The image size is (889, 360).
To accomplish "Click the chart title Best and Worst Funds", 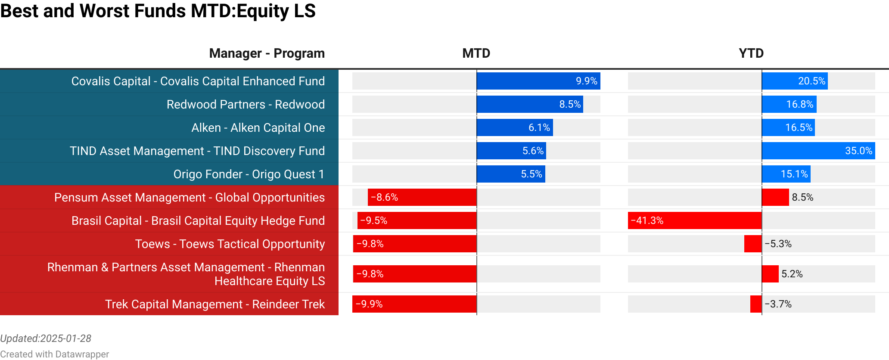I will coord(158,11).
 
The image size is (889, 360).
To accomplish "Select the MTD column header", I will coord(476,53).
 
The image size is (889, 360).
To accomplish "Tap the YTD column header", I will coord(751,53).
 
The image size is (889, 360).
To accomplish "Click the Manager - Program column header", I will coord(267,53).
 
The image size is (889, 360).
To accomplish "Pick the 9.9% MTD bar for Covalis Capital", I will coord(538,81).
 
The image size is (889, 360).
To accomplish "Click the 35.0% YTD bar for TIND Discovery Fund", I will coord(818,151).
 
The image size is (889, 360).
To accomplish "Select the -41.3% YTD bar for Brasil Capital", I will coord(694,220).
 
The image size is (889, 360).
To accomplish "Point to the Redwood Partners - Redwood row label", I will coord(246,105).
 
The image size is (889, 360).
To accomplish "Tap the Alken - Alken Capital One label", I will coord(258,128).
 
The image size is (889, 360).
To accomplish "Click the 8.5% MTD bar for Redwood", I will coord(529,104).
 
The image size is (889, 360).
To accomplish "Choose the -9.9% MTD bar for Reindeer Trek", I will coord(414,304).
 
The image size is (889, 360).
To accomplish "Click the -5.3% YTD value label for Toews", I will coord(778,244).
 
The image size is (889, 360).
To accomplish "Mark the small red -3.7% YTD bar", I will coord(756,304).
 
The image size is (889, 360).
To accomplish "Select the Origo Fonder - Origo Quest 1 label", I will coord(249,174).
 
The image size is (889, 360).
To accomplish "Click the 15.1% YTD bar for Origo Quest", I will coord(786,174).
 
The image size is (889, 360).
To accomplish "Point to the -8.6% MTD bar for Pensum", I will coord(422,197).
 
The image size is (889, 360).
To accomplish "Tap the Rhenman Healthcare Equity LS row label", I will coord(186,274).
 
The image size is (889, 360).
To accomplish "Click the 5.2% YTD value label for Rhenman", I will coord(792,274).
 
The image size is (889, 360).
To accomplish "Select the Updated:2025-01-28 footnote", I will coord(46,338).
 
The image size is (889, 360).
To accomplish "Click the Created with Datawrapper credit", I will coord(54,354).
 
